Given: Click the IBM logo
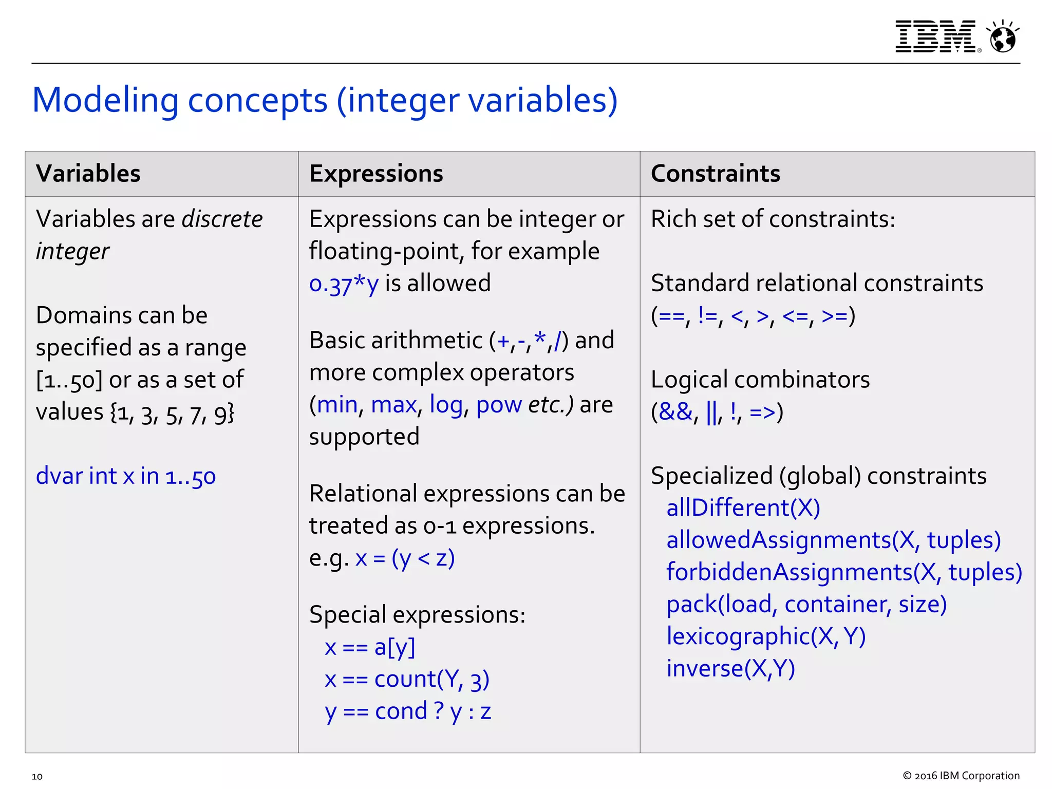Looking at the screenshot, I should point(936,36).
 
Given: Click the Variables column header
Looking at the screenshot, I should point(88,174).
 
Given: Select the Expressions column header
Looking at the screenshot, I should point(376,174).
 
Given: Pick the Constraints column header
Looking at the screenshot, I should point(715,174).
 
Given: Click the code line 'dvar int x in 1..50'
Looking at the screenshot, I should point(126,476).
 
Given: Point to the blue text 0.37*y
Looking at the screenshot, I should point(344,284).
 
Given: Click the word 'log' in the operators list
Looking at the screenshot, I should point(446,405).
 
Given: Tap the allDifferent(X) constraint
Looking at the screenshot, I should point(743,508).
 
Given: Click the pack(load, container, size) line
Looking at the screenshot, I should point(806,605).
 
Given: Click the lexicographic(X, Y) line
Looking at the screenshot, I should point(766,636).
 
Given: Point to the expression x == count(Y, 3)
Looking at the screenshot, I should point(407,680).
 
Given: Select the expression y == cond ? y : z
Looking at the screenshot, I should point(408,712).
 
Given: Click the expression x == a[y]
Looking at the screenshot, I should point(369,647).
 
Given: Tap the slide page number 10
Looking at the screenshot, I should point(37,776).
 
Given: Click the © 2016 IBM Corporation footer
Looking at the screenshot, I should point(961,776).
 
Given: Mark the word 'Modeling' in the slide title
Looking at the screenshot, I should point(105,100).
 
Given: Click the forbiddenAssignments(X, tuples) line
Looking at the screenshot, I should point(844,572).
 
